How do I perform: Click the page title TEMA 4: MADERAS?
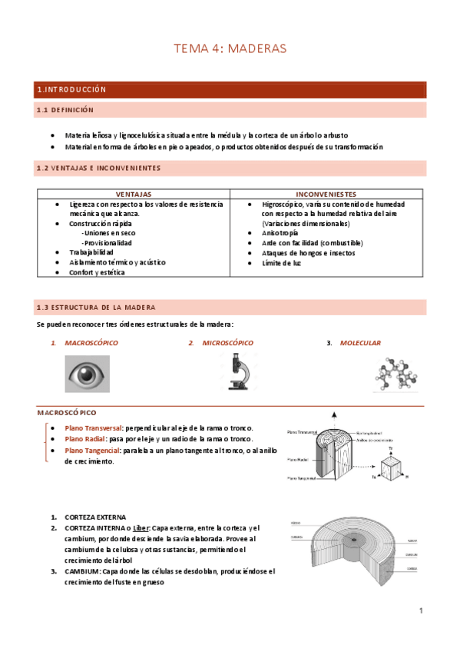230,48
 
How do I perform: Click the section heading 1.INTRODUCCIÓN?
71,90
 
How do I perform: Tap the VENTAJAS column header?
133,195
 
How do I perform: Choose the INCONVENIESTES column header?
325,195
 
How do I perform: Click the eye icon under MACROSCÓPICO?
87,374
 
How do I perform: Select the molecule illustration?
396,372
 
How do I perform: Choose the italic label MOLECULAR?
360,343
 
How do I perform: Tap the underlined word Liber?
140,528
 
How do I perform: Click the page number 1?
421,611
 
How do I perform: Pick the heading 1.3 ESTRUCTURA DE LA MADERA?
96,308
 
